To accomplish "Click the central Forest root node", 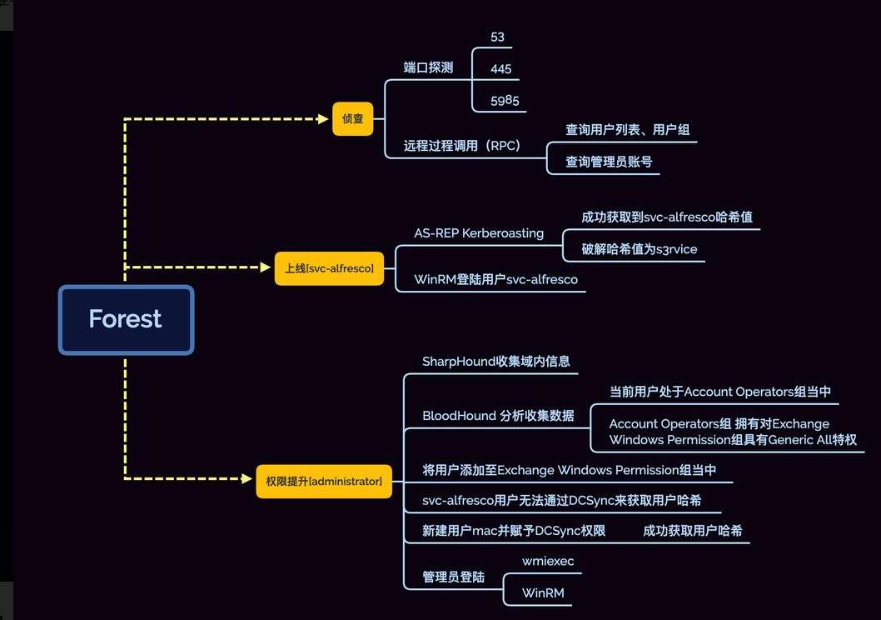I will click(x=126, y=319).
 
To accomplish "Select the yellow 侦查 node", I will click(x=352, y=118).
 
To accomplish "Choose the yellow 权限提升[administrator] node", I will click(x=323, y=481).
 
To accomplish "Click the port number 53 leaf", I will click(x=498, y=37).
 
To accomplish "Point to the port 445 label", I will click(x=501, y=69).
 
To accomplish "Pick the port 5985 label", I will click(x=505, y=101).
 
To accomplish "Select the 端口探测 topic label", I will click(x=428, y=67).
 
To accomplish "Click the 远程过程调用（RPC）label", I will click(x=462, y=146).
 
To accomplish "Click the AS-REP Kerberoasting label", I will click(x=479, y=233).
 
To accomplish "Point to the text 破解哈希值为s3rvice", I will click(x=640, y=249).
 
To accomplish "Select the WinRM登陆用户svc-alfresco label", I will click(x=495, y=279).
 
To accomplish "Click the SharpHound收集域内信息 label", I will click(x=496, y=361).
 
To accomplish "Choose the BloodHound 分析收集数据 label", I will click(x=498, y=415).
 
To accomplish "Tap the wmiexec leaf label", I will click(x=548, y=561).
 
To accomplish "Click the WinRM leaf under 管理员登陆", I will click(x=543, y=592).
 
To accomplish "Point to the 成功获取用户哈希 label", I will click(x=692, y=530).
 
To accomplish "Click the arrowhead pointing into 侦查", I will click(x=324, y=119).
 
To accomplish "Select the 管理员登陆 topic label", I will click(x=453, y=577).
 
